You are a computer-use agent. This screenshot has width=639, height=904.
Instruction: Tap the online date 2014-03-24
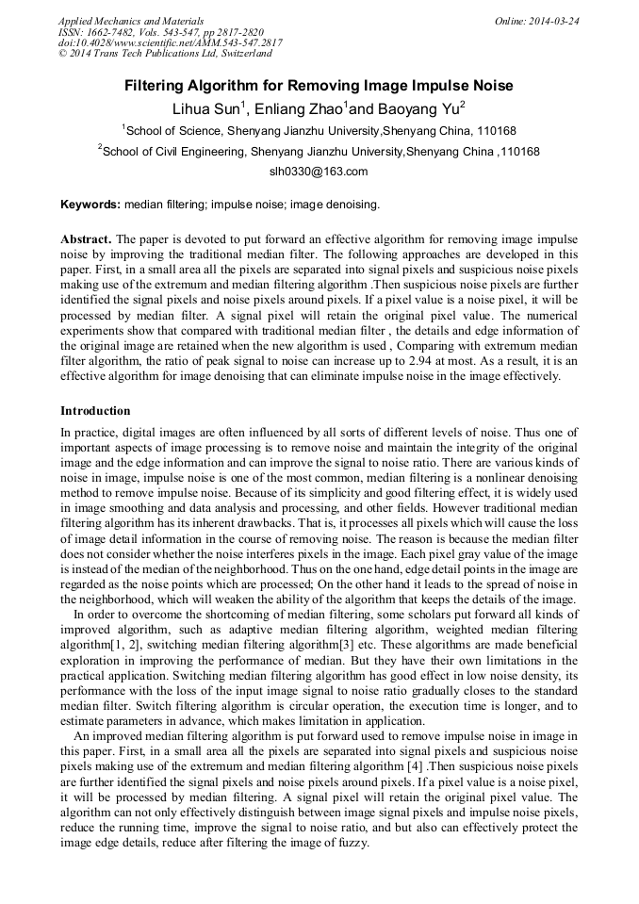(x=554, y=21)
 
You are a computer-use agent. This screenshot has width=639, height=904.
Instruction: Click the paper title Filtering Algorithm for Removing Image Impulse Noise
(x=319, y=86)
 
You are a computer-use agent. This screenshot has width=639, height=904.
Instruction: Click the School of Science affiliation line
(x=320, y=131)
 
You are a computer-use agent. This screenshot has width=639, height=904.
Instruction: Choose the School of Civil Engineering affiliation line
(x=320, y=152)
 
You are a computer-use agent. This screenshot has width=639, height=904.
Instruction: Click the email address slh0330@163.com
(x=319, y=173)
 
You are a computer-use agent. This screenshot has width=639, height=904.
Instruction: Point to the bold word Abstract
(x=86, y=239)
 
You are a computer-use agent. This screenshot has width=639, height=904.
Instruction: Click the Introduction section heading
(x=95, y=411)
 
